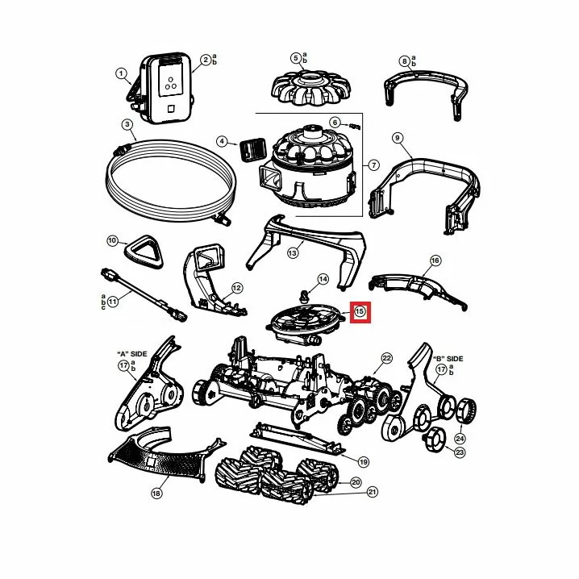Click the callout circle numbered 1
[x=121, y=73]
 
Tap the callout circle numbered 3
[x=127, y=124]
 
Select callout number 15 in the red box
[x=360, y=311]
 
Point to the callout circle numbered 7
[x=374, y=165]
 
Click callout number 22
[x=386, y=358]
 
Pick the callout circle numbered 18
[x=156, y=493]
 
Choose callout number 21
[x=373, y=492]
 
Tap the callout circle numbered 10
[x=112, y=241]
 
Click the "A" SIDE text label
[x=131, y=354]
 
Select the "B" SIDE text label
[x=448, y=359]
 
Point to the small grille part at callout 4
[x=253, y=149]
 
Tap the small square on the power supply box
[x=171, y=109]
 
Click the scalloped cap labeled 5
[x=311, y=89]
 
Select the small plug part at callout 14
[x=304, y=296]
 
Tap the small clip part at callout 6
[x=356, y=127]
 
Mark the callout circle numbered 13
[x=293, y=253]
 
